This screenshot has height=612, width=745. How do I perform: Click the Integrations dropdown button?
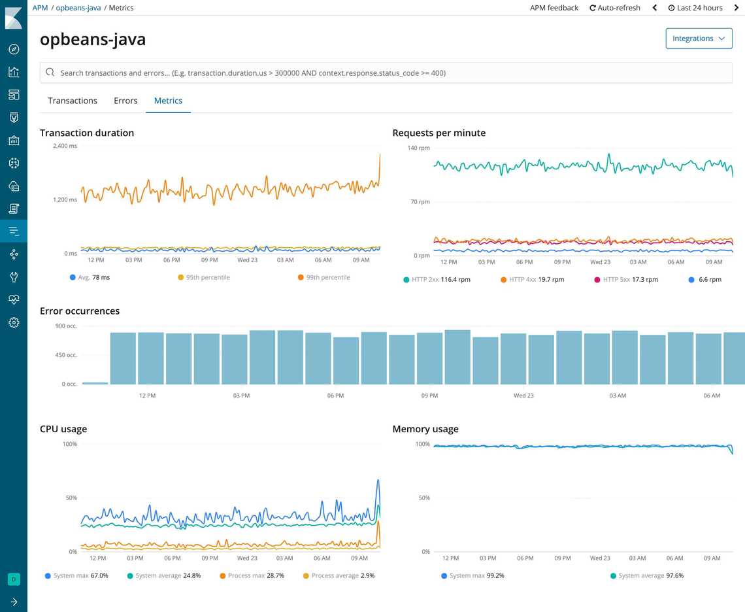(698, 39)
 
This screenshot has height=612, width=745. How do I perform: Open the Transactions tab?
(73, 101)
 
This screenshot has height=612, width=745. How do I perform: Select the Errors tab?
(125, 101)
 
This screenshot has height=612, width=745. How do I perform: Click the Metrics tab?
(168, 101)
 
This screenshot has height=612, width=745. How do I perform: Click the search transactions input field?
(386, 73)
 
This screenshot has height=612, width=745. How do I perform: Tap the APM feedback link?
(554, 8)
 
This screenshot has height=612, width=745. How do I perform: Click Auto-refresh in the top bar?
(616, 8)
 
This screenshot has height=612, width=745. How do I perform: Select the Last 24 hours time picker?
(695, 8)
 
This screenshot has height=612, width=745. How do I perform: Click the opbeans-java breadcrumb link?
(78, 8)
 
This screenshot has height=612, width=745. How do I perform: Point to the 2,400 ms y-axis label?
(65, 146)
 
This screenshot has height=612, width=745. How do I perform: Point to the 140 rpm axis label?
(419, 148)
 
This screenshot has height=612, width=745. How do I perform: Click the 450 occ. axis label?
(66, 355)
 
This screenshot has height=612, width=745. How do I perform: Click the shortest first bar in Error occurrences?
(95, 382)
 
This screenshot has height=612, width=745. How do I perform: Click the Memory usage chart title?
(425, 430)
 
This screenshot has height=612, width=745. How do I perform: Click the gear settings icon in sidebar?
(14, 322)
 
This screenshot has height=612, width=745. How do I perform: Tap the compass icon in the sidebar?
(14, 50)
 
